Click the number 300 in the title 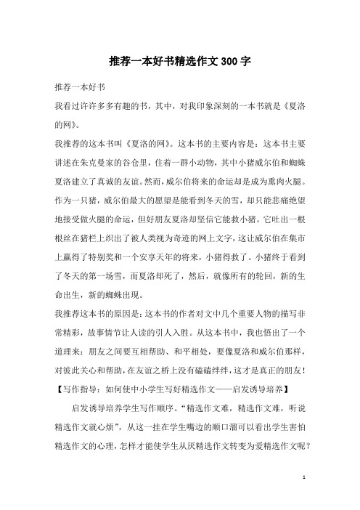pyautogui.click(x=225, y=62)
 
